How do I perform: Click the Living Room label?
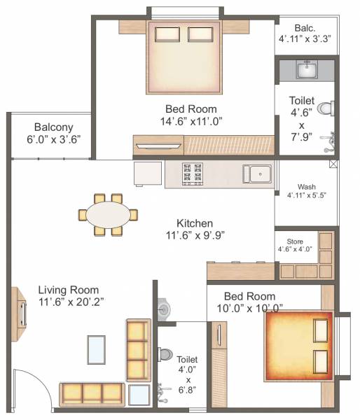[69, 289]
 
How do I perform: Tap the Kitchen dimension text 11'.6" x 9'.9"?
[195, 235]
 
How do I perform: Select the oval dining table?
[108, 213]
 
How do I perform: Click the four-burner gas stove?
[193, 171]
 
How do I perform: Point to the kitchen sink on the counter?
[256, 173]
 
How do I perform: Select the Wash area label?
[306, 187]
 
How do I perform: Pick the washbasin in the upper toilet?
[306, 70]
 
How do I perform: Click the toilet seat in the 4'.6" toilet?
[324, 108]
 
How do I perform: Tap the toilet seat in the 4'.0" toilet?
[166, 355]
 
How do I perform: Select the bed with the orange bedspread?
[298, 346]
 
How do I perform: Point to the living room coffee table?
[97, 348]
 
